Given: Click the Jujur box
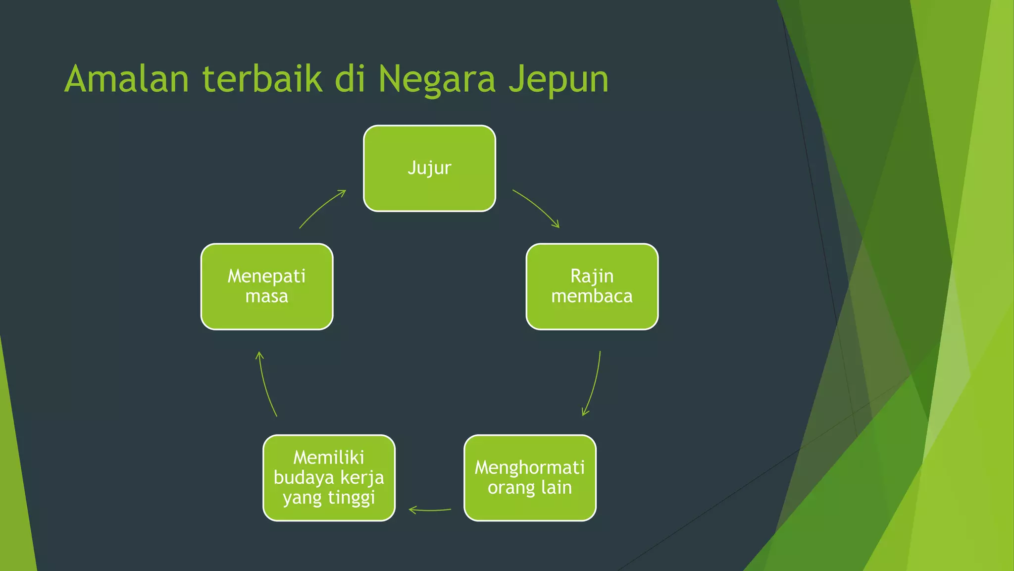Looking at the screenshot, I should [429, 168].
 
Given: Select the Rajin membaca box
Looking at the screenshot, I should [592, 286].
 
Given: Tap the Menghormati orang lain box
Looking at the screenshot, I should [530, 478].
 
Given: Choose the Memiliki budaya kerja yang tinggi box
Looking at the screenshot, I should [329, 478].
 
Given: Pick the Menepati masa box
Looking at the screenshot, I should [266, 286].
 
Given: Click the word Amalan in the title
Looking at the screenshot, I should [127, 79].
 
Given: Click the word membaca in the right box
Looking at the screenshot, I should [592, 296].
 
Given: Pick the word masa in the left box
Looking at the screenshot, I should [266, 296].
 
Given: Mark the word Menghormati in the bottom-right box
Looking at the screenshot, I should [530, 467].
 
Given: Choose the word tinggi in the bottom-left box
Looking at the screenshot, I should [352, 498].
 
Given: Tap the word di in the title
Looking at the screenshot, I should [350, 79].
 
